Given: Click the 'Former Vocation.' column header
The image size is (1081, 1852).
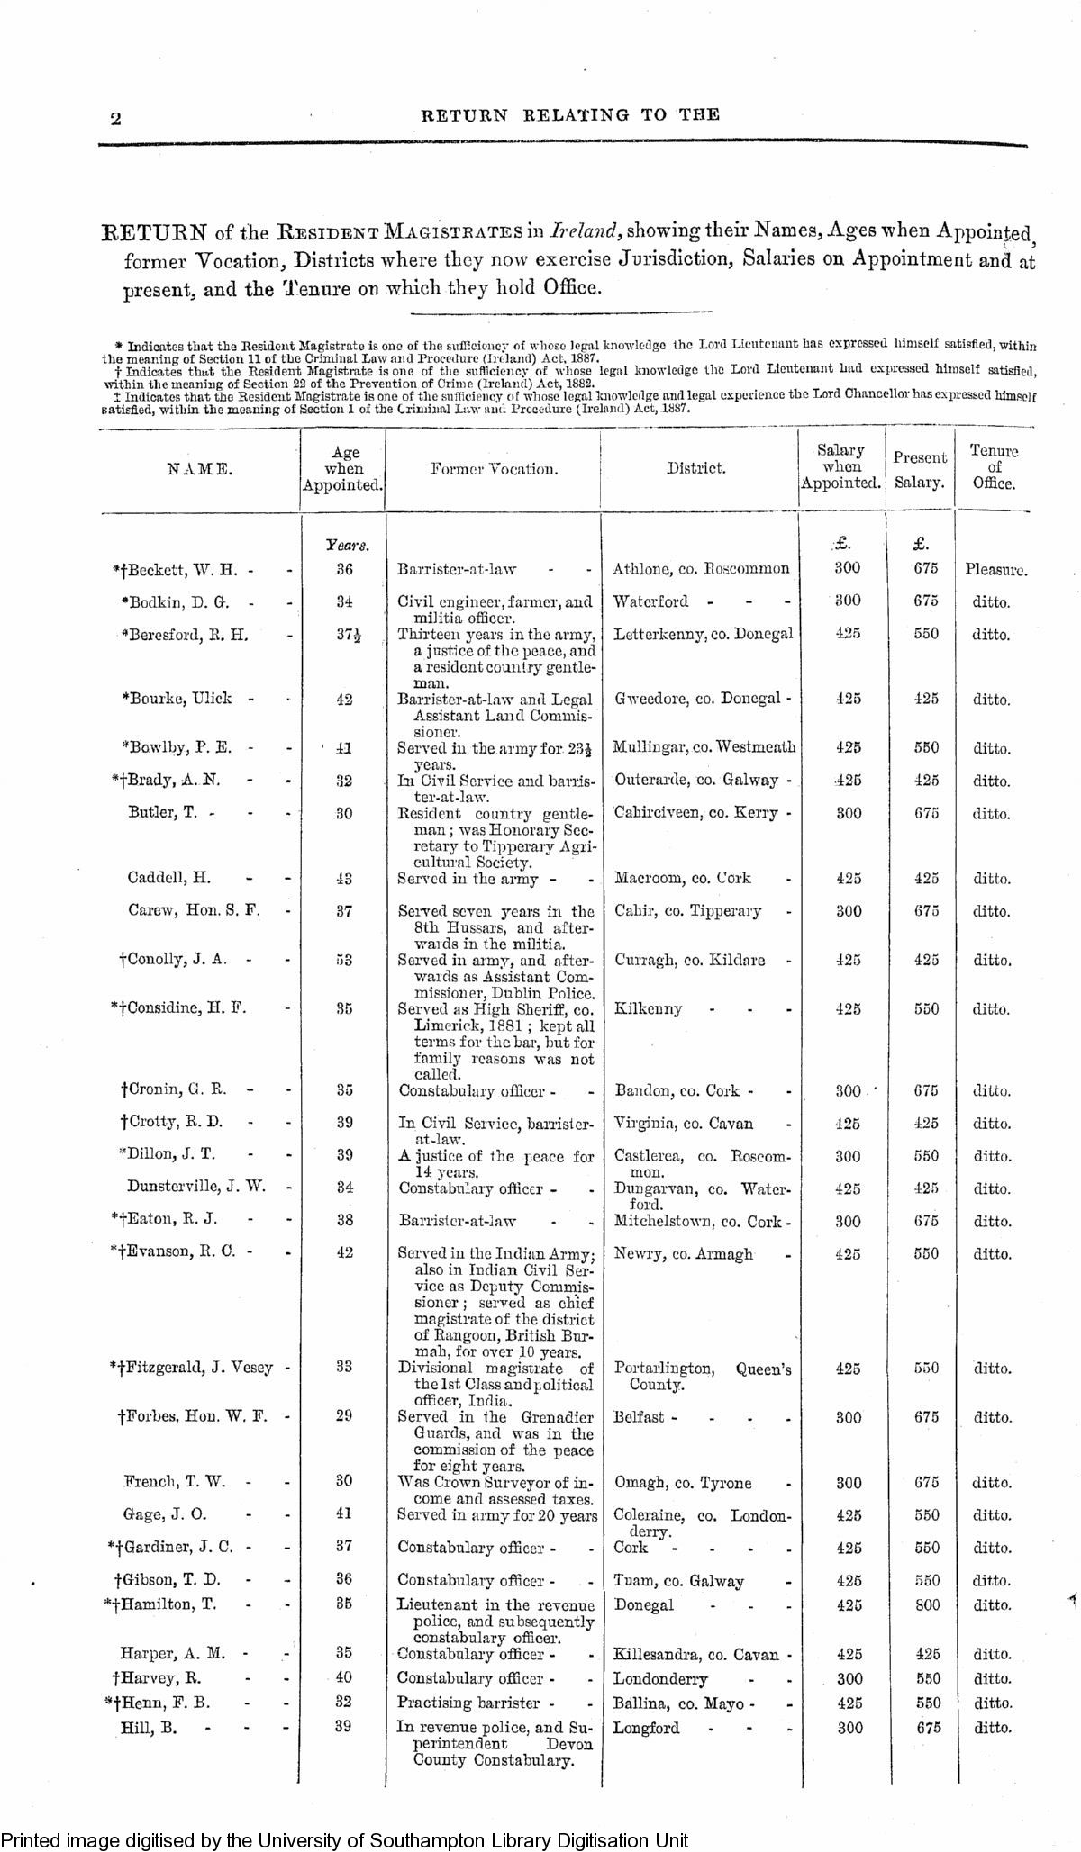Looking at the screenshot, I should point(494,468).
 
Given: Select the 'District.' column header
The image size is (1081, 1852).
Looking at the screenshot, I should point(695,468).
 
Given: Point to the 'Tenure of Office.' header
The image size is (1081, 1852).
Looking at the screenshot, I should point(994,467).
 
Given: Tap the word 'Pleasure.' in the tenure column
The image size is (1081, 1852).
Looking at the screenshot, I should point(995,569).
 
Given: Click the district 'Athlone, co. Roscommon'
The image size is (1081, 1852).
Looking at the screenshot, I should point(701,568).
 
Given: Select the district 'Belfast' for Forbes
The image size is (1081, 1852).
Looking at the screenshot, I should point(641,1416).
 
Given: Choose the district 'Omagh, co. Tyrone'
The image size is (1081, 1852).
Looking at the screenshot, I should point(682,1483).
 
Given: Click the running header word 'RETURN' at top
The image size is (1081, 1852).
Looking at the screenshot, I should point(464,115).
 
